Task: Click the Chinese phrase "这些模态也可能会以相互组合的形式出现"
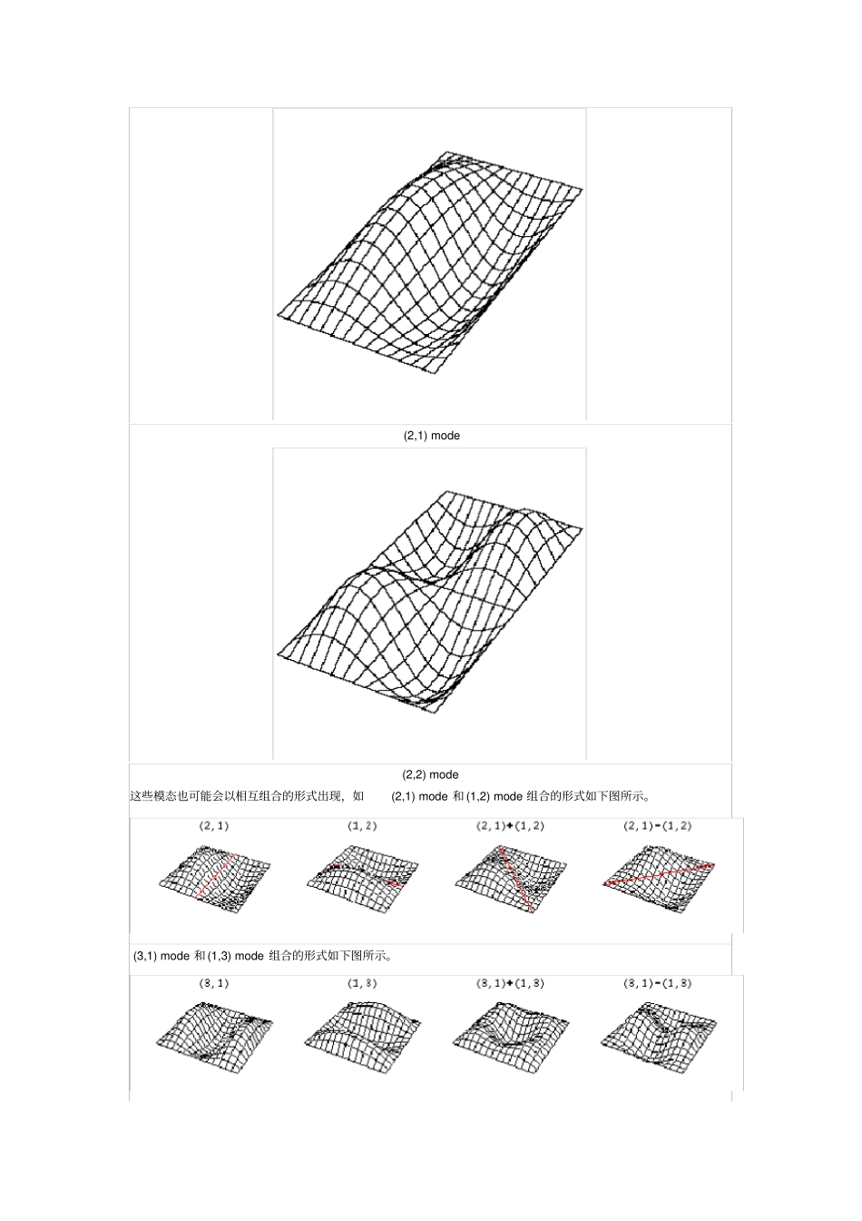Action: (237, 796)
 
